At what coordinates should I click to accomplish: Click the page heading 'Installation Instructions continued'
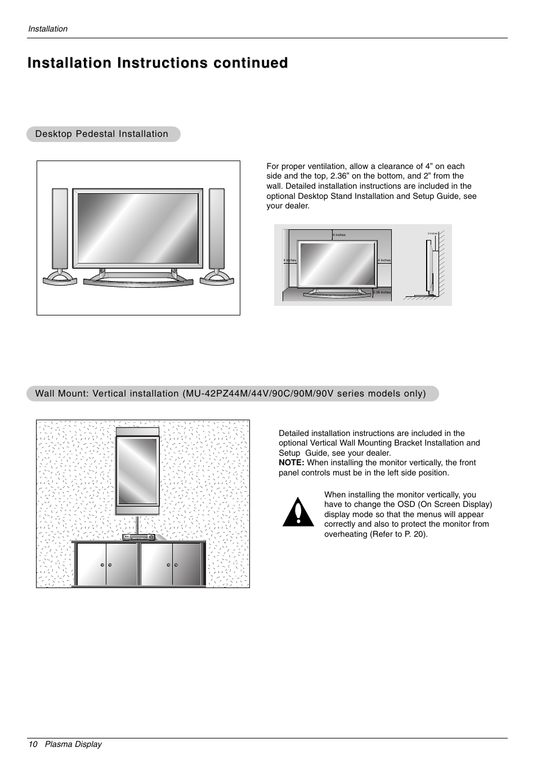158,63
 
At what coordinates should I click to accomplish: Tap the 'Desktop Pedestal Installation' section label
102,134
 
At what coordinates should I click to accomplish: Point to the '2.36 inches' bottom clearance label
382,292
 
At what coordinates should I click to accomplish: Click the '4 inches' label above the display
339,235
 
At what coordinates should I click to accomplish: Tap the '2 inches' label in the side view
432,233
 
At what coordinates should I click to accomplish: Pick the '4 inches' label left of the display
289,260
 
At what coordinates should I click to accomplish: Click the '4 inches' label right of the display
384,260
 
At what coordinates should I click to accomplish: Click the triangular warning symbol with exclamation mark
298,512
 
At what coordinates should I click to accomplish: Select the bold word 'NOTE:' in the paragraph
292,462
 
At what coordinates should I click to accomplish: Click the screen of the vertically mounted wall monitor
137,471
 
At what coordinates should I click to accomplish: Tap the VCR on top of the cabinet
138,537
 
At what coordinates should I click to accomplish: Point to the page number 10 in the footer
33,744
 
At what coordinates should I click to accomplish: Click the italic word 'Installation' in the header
48,29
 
